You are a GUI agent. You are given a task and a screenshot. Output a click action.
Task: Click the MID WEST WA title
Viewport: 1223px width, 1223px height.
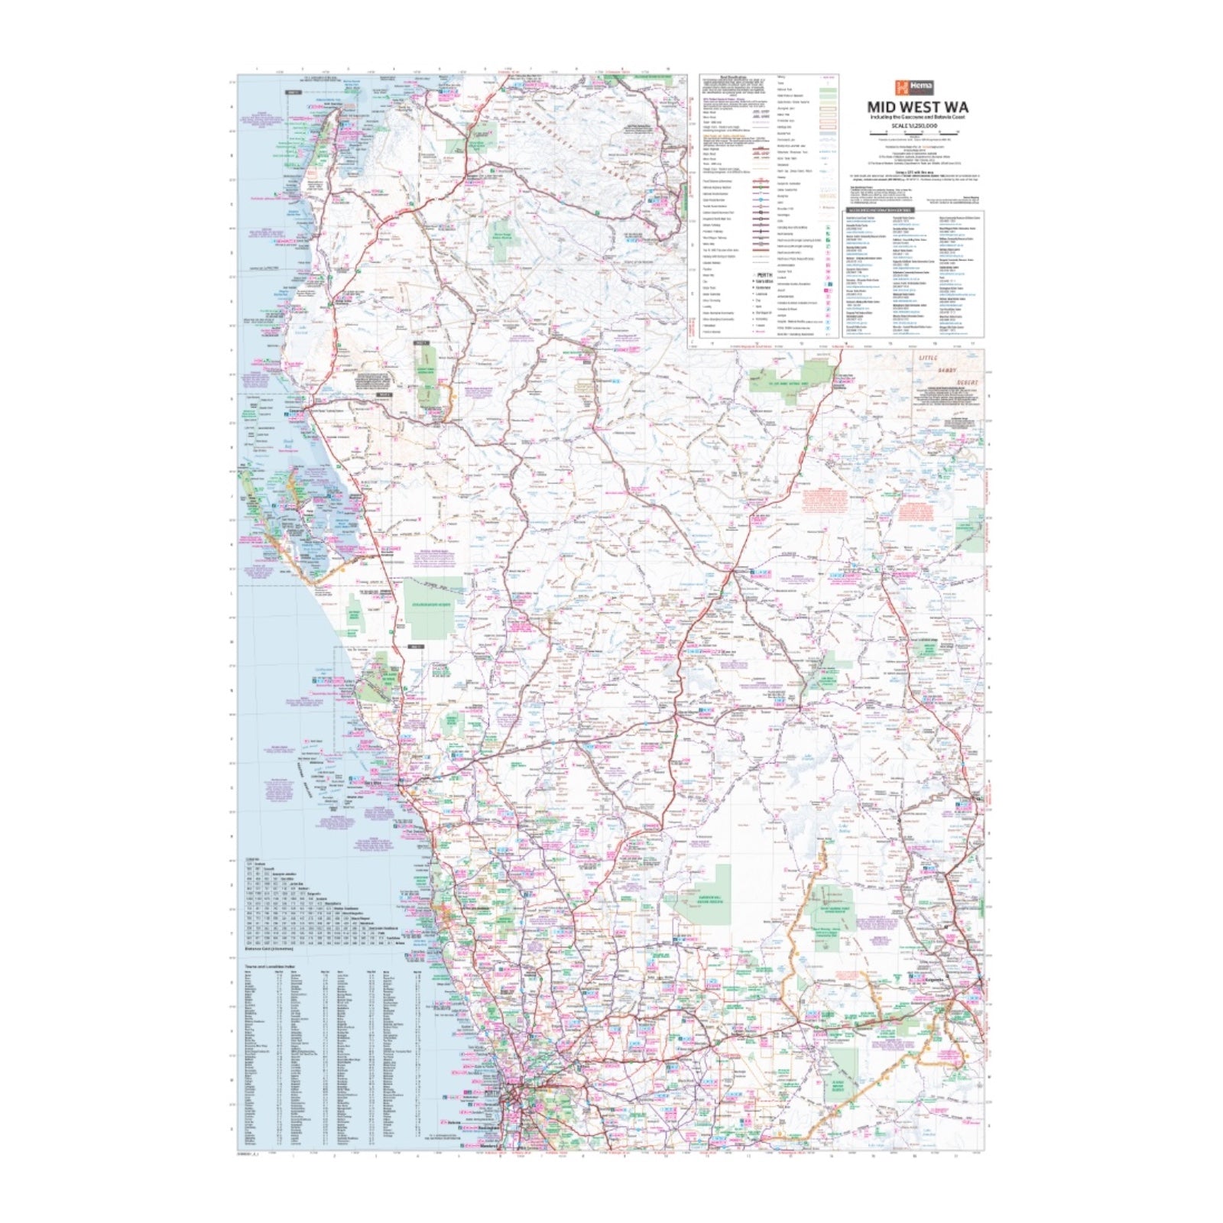[x=917, y=107]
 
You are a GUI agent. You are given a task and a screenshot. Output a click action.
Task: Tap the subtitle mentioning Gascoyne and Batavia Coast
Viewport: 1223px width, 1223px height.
[x=917, y=117]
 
